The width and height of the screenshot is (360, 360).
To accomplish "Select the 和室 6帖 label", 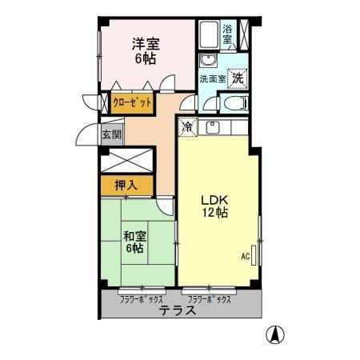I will (134, 242).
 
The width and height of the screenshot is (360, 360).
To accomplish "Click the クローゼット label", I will (132, 102).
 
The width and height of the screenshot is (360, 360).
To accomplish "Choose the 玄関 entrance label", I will (109, 135).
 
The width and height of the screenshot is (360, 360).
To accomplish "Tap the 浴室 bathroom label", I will (228, 34).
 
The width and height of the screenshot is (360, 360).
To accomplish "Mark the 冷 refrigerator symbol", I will (186, 126).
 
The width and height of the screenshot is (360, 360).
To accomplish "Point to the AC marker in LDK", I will (246, 256).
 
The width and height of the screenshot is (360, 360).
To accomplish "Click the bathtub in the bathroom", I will (207, 35).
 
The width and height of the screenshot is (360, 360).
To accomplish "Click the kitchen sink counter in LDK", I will (214, 126).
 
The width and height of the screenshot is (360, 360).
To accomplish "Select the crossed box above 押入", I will (124, 158).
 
